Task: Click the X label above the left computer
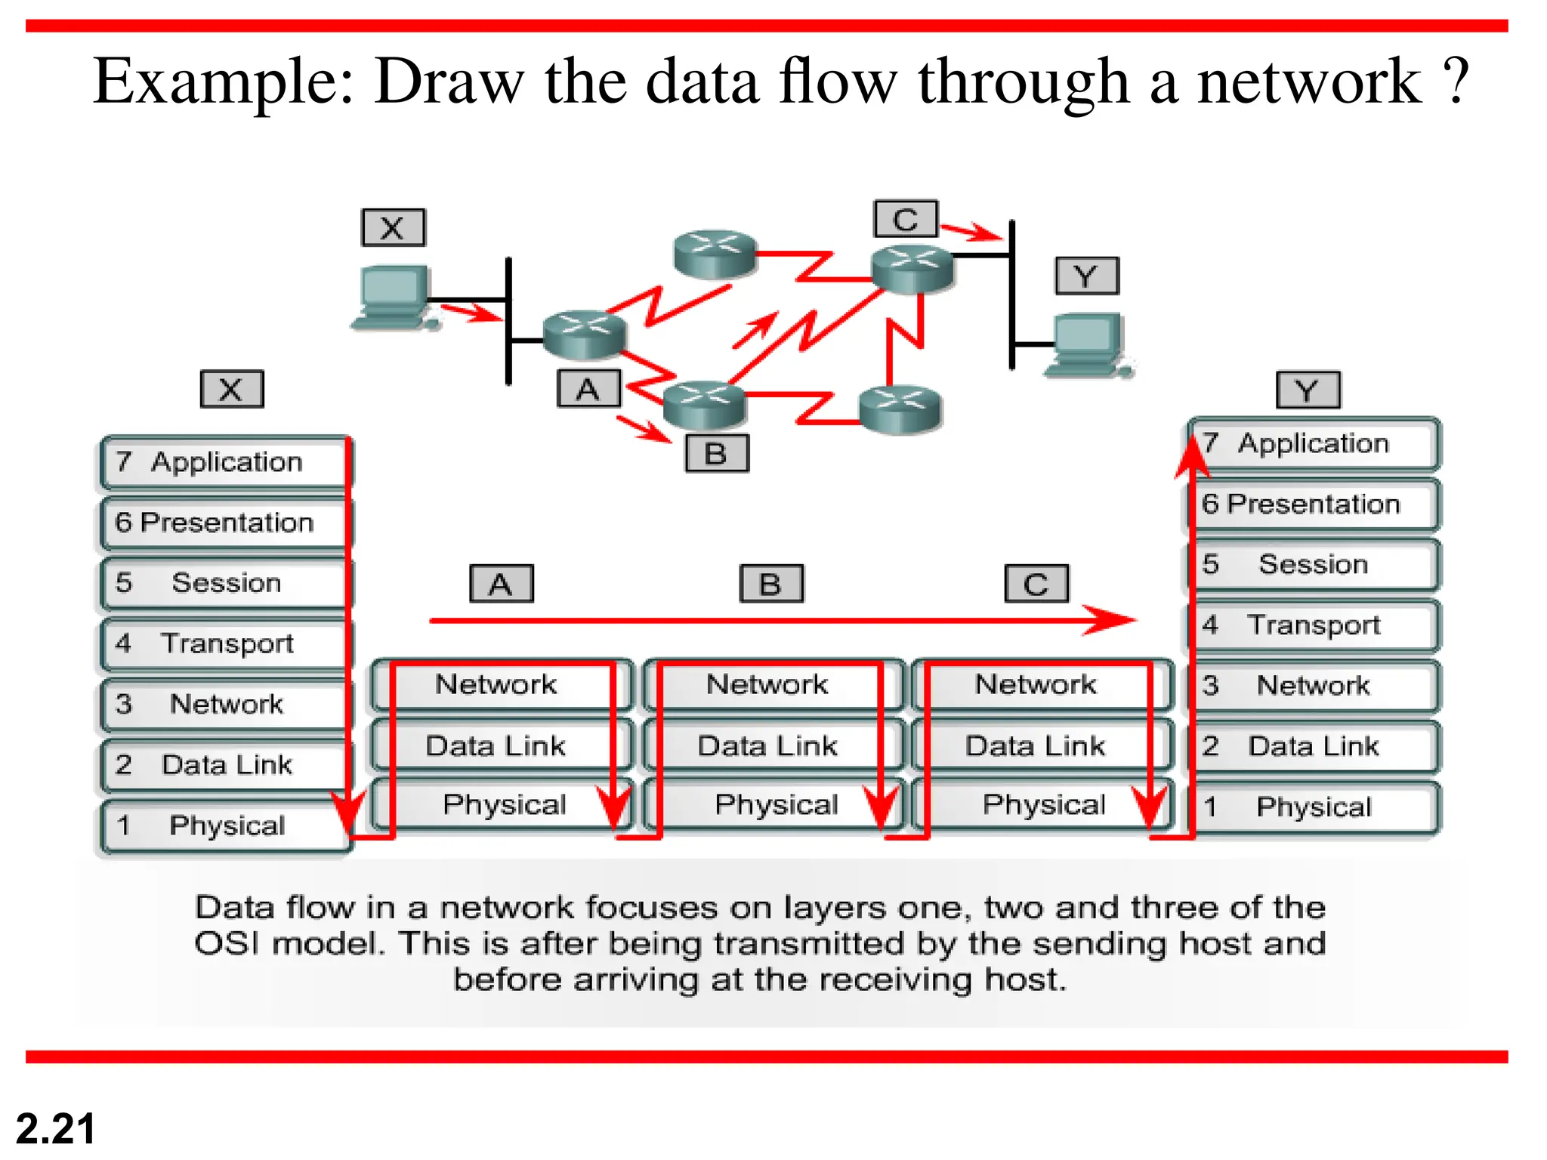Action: pos(393,227)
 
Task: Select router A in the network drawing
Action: pos(585,335)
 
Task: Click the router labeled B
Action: pos(704,404)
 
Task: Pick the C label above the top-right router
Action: pos(906,219)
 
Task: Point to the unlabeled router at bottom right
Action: pos(900,409)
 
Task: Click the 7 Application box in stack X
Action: pos(225,461)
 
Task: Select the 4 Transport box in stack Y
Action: pos(1313,625)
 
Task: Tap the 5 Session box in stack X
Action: pos(225,583)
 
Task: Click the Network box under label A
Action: pos(499,684)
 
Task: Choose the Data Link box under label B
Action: pos(770,745)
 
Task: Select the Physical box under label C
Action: pos(1043,805)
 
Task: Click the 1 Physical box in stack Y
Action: pos(1313,807)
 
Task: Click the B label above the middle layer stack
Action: pos(771,584)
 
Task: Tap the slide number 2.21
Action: pos(55,1129)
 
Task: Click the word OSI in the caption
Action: pos(226,943)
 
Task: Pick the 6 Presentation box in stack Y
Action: pos(1313,504)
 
